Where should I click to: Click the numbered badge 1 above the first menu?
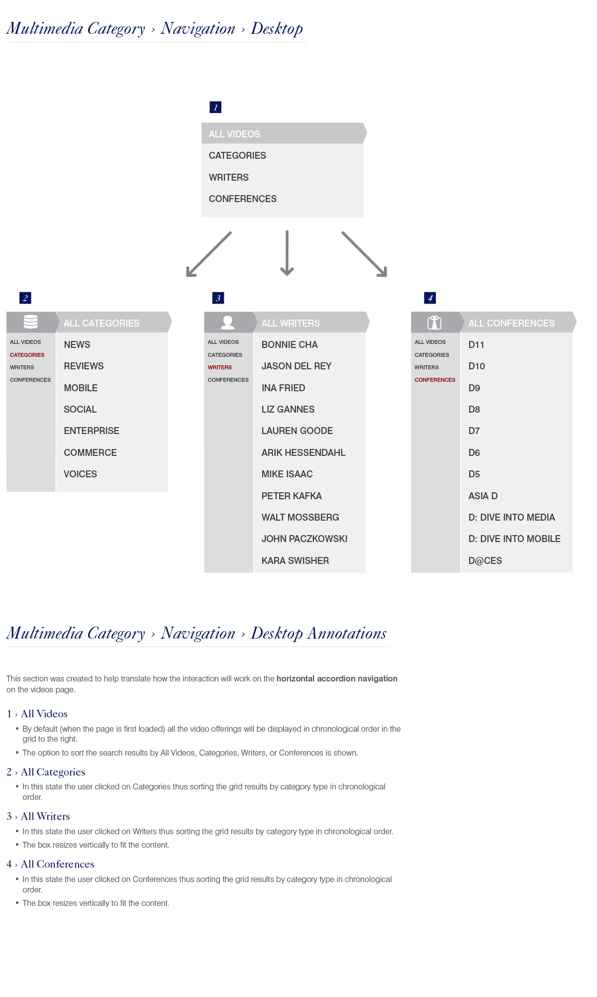pos(215,107)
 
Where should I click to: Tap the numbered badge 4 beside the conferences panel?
pos(430,298)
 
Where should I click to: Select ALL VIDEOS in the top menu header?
pos(234,134)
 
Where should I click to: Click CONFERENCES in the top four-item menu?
pos(242,199)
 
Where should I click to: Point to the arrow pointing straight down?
pos(287,253)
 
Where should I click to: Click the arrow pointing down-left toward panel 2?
pos(208,254)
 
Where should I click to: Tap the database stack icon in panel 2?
pos(31,322)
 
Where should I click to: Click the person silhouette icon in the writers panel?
pos(228,323)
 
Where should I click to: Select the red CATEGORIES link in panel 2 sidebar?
pos(27,355)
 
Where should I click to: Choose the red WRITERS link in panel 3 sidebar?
pos(220,367)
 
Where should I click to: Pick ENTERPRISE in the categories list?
pos(92,431)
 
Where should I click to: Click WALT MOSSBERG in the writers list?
pos(300,517)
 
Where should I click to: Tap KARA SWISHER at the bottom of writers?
pos(295,560)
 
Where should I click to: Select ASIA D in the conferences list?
pos(483,496)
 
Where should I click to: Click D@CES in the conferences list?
pos(485,560)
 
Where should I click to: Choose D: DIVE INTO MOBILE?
pos(514,539)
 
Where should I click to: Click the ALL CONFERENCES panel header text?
pos(511,323)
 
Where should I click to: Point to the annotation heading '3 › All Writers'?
pos(38,816)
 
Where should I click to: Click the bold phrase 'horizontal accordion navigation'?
pos(337,678)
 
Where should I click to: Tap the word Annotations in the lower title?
pos(347,633)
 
